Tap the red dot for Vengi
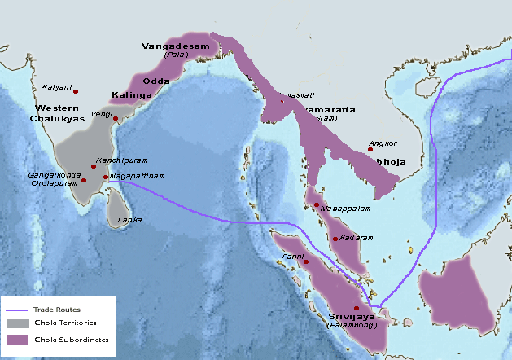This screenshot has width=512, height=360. [116, 119]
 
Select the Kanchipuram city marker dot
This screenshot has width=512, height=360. [94, 166]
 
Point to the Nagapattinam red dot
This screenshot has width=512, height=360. [106, 177]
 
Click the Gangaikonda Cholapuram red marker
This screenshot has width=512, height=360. [83, 180]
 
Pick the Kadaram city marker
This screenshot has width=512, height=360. [335, 239]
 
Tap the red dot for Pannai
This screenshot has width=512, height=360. [306, 262]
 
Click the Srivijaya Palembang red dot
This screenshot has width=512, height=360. [356, 308]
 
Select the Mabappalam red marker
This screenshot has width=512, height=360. [316, 204]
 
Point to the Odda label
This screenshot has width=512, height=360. [155, 81]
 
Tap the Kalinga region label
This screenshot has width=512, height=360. [131, 95]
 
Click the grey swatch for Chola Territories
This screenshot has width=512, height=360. [17, 324]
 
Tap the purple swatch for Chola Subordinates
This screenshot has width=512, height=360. [17, 339]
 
